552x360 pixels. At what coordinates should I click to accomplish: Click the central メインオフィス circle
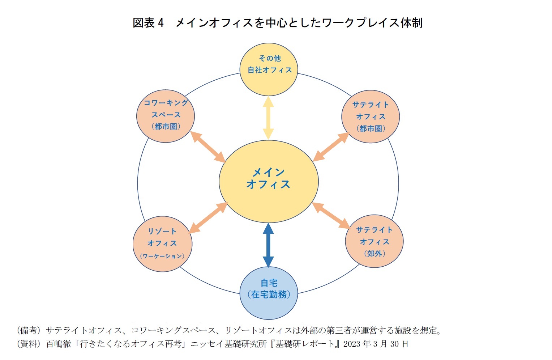pyautogui.click(x=269, y=181)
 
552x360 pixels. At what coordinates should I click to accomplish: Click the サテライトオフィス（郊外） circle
pyautogui.click(x=374, y=241)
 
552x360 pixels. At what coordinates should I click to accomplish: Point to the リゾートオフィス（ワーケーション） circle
pyautogui.click(x=162, y=243)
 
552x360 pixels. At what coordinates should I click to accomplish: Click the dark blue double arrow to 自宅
pyautogui.click(x=268, y=245)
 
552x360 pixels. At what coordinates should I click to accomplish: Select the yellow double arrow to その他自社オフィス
pyautogui.click(x=268, y=118)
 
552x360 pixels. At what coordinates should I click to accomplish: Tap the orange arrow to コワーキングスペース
pyautogui.click(x=208, y=147)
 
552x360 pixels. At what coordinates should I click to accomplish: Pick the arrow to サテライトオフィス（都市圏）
pyautogui.click(x=331, y=147)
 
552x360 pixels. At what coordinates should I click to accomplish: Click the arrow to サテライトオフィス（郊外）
pyautogui.click(x=331, y=216)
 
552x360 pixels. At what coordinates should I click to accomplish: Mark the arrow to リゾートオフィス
pyautogui.click(x=208, y=217)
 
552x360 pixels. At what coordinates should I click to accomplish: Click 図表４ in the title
pyautogui.click(x=148, y=23)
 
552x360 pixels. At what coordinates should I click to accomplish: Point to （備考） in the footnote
pyautogui.click(x=29, y=330)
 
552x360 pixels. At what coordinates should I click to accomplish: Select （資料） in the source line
pyautogui.click(x=29, y=344)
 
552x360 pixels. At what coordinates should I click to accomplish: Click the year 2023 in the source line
pyautogui.click(x=352, y=344)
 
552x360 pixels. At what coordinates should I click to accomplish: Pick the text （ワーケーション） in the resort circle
pyautogui.click(x=162, y=256)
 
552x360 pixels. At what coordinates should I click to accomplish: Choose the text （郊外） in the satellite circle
pyautogui.click(x=374, y=254)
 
